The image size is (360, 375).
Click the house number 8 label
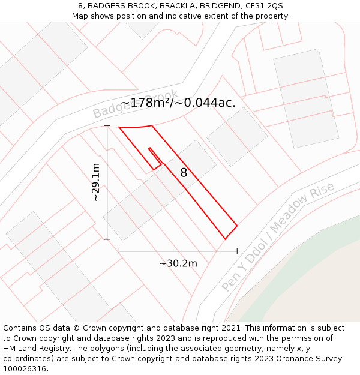[x=184, y=173]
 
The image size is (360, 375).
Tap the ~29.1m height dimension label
[x=95, y=182]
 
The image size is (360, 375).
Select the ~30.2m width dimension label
[x=178, y=263]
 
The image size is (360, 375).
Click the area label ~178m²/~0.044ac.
[x=178, y=103]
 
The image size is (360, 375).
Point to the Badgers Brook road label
[x=136, y=104]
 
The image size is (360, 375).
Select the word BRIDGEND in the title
[x=214, y=6]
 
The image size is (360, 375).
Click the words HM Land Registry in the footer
[x=37, y=349]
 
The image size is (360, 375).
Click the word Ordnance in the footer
[x=290, y=359]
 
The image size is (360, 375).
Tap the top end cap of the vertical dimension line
[x=107, y=126]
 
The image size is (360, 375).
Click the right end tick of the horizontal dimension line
[x=237, y=251]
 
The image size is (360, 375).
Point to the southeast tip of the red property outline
[x=226, y=239]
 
